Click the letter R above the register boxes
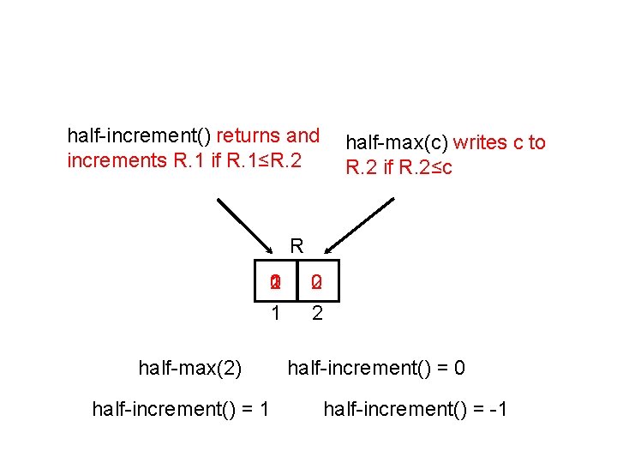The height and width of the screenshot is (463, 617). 297,246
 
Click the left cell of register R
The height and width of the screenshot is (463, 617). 275,281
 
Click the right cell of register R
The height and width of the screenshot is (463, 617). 317,281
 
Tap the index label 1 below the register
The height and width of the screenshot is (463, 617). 275,314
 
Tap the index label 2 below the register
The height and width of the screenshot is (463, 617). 317,314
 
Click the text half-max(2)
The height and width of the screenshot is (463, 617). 190,369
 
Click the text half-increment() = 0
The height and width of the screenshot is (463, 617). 376,369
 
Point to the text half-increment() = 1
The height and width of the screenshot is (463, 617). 181,410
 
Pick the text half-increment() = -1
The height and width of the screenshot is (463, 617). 416,410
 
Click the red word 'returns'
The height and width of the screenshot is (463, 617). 249,135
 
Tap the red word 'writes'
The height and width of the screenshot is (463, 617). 481,143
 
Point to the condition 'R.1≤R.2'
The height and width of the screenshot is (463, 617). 267,159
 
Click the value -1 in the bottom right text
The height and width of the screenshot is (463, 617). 498,410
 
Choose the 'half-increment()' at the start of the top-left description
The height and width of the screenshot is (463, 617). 140,135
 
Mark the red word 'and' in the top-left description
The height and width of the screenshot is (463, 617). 303,135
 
